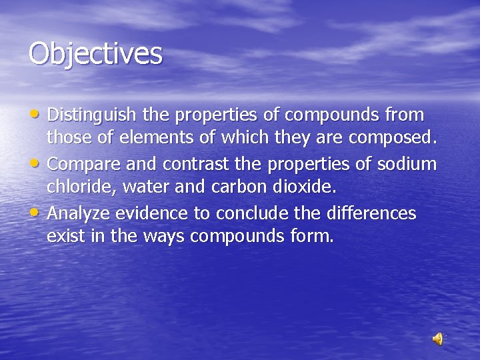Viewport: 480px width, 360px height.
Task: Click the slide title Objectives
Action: coord(95,54)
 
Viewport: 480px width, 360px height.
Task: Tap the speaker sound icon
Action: coord(438,339)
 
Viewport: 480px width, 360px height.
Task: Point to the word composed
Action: coord(393,139)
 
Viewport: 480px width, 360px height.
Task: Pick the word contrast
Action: coord(192,164)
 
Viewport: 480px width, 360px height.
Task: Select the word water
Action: coord(141,188)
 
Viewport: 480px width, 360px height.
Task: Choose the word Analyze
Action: coord(79,213)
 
